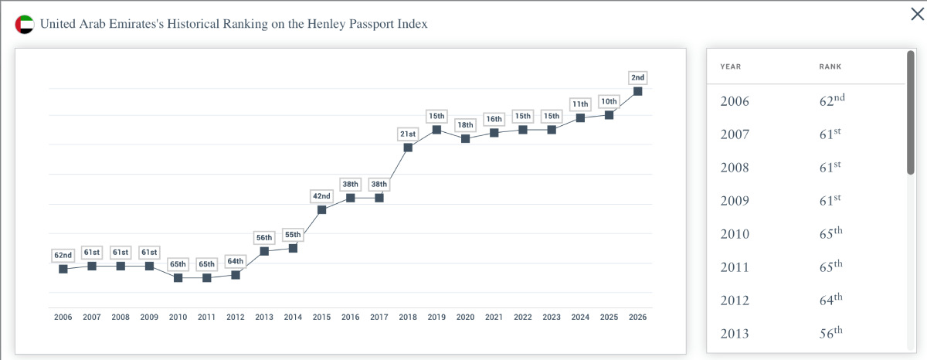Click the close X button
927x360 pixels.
[917, 14]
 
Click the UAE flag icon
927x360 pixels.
[25, 25]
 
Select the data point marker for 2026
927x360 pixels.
[638, 91]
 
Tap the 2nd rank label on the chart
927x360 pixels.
[638, 77]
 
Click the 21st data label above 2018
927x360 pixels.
[408, 134]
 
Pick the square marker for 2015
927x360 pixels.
[321, 210]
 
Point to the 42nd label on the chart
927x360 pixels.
[321, 195]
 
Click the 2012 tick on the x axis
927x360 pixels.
[236, 317]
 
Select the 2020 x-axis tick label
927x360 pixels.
[465, 317]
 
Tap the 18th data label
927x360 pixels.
[465, 124]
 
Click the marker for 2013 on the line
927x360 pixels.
[264, 251]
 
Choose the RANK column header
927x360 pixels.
[830, 66]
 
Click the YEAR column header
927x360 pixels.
[731, 66]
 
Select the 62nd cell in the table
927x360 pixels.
[832, 100]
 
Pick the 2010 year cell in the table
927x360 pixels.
[735, 234]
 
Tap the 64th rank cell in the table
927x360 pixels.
[831, 300]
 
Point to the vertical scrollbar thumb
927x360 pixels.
[911, 113]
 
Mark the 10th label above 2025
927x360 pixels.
[609, 101]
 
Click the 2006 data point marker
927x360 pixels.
[63, 269]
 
